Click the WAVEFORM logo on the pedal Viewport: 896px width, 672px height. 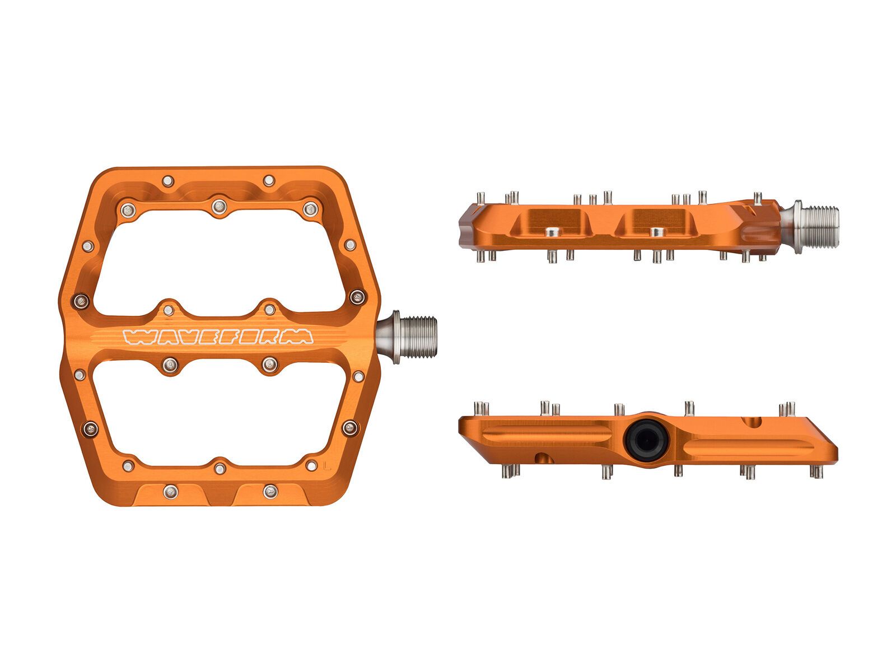pos(218,336)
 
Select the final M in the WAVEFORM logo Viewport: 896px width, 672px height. pos(302,336)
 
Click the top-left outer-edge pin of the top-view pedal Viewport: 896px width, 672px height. pos(168,181)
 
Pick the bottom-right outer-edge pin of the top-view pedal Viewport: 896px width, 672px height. pos(270,491)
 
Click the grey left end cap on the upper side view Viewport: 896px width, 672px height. pos(466,227)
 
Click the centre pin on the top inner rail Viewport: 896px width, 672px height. pos(218,207)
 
